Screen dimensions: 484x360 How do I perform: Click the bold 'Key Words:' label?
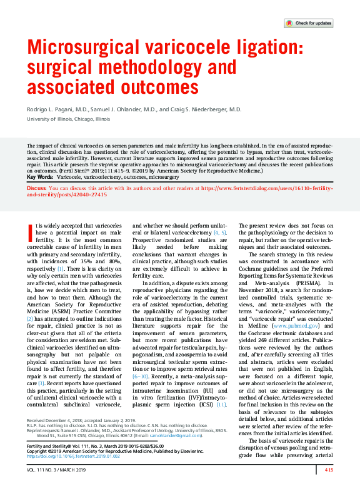40,177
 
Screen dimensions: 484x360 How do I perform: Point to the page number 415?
329,470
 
